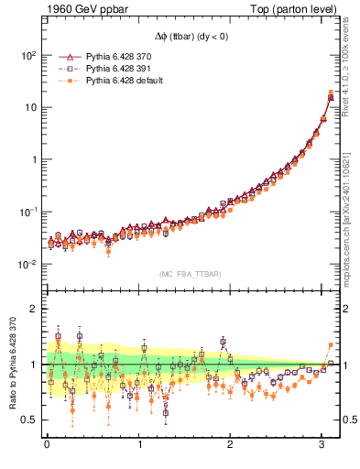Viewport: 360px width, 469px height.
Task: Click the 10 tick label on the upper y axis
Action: pos(28,107)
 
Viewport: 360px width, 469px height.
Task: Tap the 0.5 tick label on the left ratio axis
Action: pos(27,420)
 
